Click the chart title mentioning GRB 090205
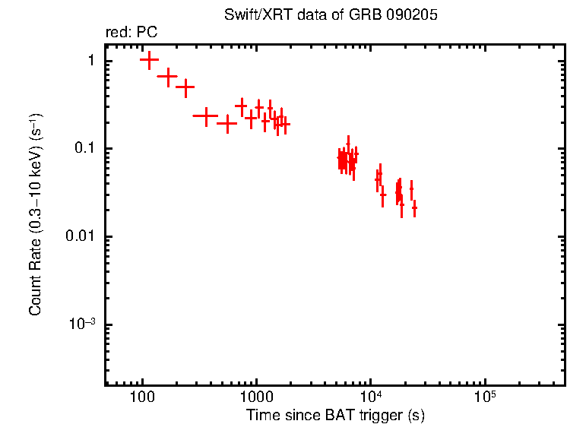[331, 15]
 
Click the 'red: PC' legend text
[131, 33]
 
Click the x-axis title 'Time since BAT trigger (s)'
[335, 416]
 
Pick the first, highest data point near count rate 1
[149, 60]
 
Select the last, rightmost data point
[414, 207]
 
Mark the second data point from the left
[167, 76]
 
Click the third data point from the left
[185, 87]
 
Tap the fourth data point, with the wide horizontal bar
[205, 115]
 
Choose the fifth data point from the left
[226, 122]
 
